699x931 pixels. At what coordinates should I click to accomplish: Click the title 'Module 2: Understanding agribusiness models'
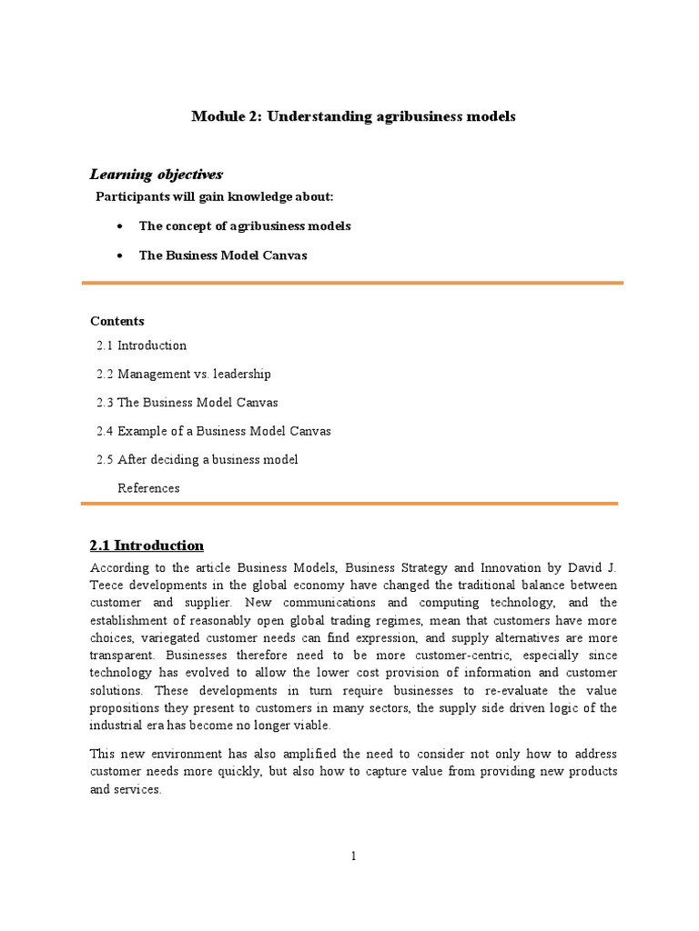(353, 116)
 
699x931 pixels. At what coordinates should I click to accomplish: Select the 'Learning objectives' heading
(156, 174)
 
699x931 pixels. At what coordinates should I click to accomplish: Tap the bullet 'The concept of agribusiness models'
(244, 225)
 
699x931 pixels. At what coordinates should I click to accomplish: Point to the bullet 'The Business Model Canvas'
(223, 255)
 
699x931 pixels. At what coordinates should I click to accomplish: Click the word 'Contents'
(116, 321)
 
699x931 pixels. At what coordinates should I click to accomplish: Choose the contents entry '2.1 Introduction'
(141, 345)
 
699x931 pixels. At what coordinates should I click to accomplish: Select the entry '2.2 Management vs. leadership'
(183, 374)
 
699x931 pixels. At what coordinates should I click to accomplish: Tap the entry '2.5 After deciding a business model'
(197, 459)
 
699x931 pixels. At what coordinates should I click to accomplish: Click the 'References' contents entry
(148, 488)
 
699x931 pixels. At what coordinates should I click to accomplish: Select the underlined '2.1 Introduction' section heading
(147, 546)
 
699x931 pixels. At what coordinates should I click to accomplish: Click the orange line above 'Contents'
(352, 284)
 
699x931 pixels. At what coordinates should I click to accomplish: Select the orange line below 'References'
(352, 503)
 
